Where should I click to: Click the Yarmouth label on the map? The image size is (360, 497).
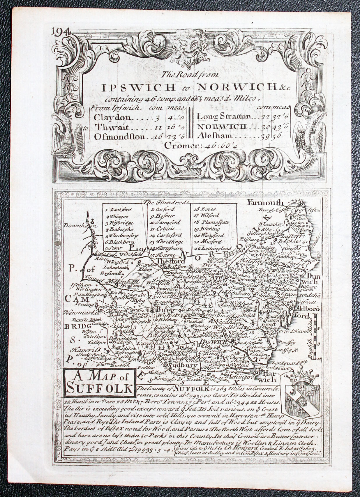[x=265, y=203]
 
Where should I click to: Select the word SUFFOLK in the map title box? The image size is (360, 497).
[x=99, y=388]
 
